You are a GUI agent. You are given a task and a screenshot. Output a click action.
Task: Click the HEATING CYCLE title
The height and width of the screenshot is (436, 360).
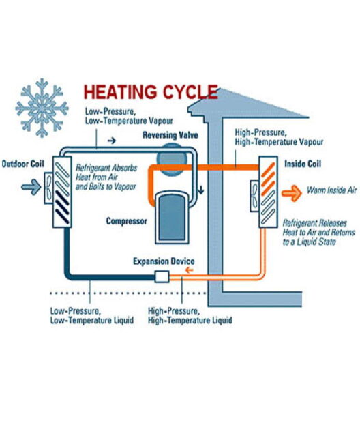pyautogui.click(x=151, y=92)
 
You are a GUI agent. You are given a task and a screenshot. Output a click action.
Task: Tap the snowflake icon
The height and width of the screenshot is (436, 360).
pyautogui.click(x=42, y=108)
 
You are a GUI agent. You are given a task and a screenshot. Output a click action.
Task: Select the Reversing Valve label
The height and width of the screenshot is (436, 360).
pyautogui.click(x=170, y=135)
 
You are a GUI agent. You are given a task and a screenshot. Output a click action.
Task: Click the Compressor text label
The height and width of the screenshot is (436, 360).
pyautogui.click(x=127, y=221)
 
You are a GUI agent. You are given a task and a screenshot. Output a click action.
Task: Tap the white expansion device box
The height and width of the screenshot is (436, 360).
pyautogui.click(x=162, y=276)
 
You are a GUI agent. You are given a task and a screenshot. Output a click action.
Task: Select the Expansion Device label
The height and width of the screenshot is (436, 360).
pyautogui.click(x=164, y=261)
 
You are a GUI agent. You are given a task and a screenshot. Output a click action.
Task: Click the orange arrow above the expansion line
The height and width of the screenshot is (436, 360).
pyautogui.click(x=190, y=270)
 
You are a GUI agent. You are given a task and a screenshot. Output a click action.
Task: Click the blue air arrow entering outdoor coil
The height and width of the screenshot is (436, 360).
pyautogui.click(x=31, y=186)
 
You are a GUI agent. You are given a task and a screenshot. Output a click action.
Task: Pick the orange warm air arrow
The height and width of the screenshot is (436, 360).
pyautogui.click(x=292, y=192)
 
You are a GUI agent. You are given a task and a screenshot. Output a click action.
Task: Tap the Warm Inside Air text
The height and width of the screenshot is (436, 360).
pyautogui.click(x=331, y=190)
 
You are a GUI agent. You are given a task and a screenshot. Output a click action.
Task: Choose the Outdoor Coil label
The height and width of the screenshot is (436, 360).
pyautogui.click(x=22, y=164)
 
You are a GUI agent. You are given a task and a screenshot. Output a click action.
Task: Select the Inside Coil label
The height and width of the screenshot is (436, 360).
pyautogui.click(x=303, y=164)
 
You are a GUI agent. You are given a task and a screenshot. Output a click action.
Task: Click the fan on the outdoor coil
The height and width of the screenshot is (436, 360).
pyautogui.click(x=48, y=188)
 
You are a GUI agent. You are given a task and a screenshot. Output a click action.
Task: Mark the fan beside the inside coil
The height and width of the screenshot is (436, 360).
pyautogui.click(x=255, y=196)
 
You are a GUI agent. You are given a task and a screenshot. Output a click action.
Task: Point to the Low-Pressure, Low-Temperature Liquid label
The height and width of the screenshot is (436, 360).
pyautogui.click(x=92, y=316)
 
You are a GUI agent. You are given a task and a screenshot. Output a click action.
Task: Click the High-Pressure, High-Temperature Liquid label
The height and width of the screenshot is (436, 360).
pyautogui.click(x=190, y=316)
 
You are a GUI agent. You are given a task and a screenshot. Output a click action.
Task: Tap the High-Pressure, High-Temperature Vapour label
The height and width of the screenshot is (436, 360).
pyautogui.click(x=279, y=137)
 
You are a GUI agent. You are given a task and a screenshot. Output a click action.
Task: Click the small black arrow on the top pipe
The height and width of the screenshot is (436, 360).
pyautogui.click(x=112, y=141)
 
